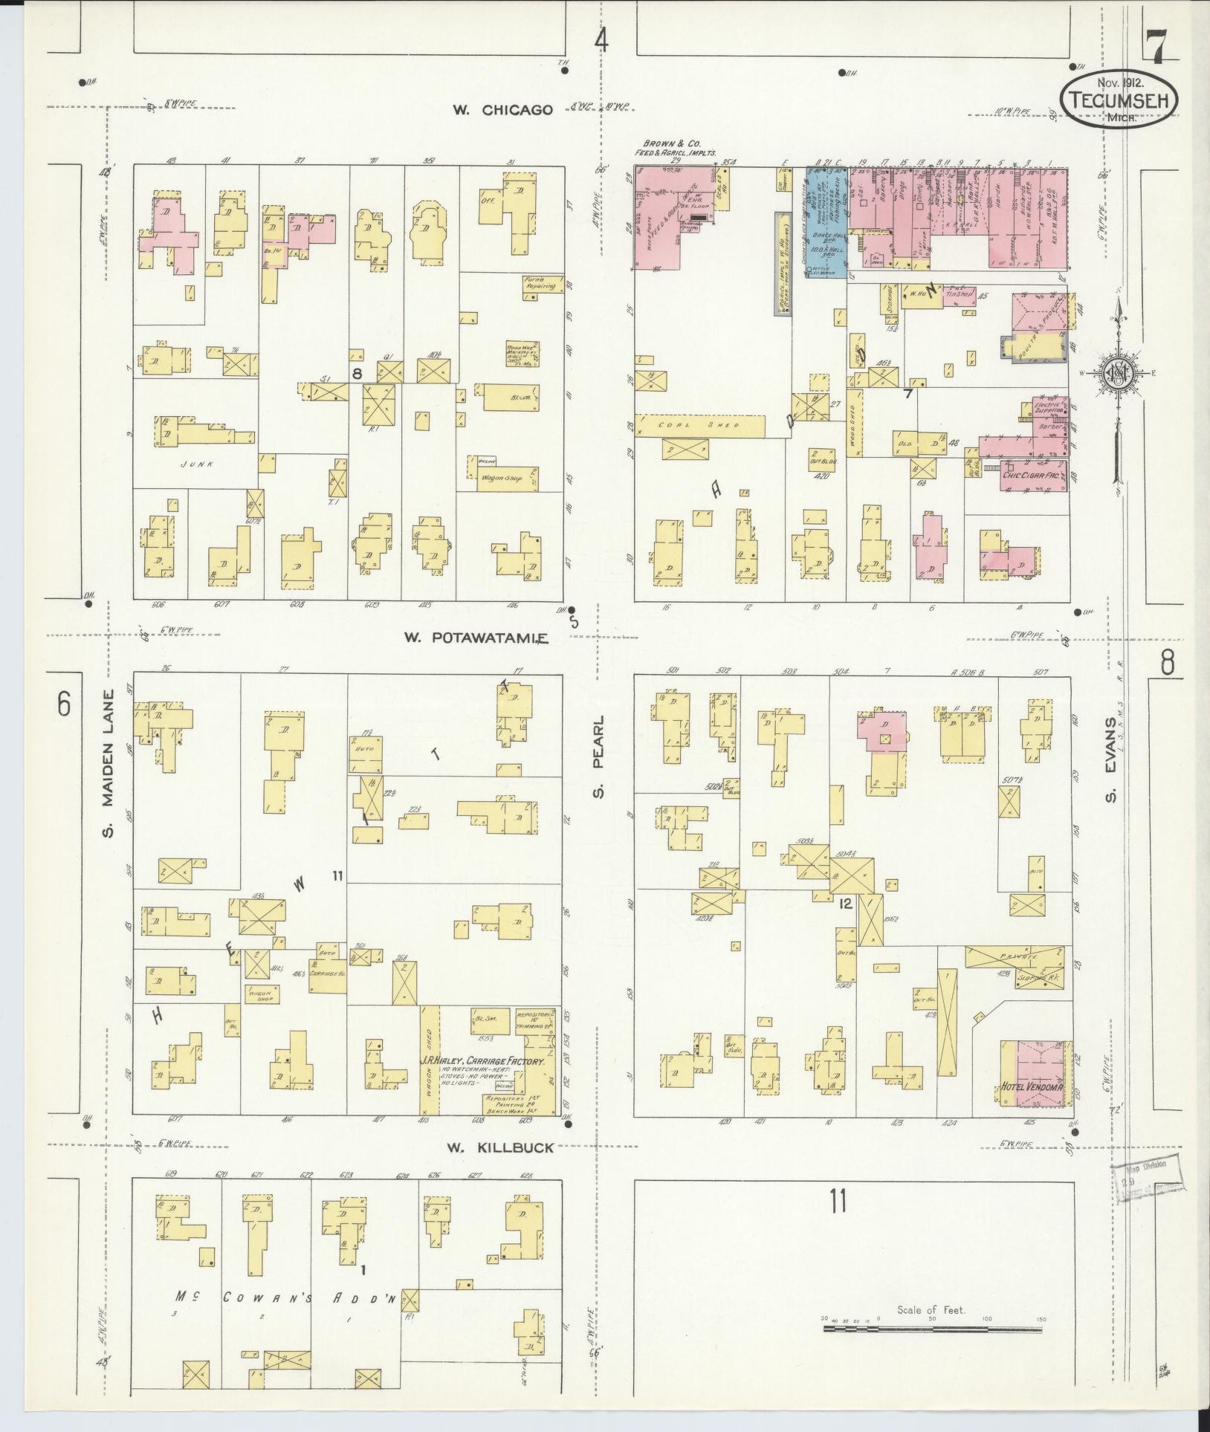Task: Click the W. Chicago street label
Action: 503,110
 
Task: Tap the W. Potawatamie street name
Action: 476,638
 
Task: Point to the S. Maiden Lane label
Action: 109,763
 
